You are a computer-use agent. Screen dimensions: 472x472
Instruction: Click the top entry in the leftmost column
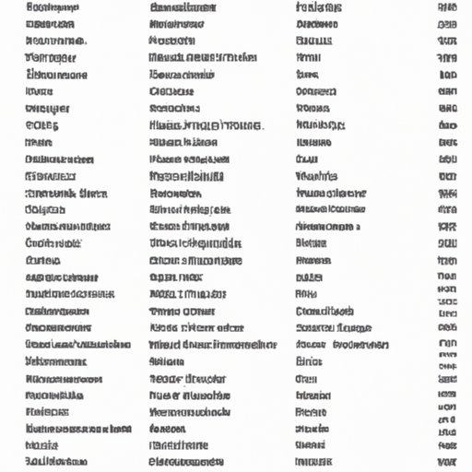pyautogui.click(x=53, y=7)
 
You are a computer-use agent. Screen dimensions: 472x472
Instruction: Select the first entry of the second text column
pyautogui.click(x=183, y=7)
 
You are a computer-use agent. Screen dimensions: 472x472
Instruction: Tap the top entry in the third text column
pyautogui.click(x=319, y=7)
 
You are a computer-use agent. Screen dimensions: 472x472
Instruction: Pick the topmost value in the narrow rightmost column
pyautogui.click(x=447, y=7)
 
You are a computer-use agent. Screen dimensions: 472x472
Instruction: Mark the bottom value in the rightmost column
pyautogui.click(x=447, y=461)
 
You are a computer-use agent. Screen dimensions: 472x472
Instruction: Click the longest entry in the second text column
pyautogui.click(x=213, y=344)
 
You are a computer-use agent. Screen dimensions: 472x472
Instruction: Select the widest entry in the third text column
pyautogui.click(x=342, y=344)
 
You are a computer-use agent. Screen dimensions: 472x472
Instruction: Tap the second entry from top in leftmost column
pyautogui.click(x=52, y=25)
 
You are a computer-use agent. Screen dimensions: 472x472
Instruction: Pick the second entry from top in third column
pyautogui.click(x=317, y=25)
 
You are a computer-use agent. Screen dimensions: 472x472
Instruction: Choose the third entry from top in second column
pyautogui.click(x=172, y=41)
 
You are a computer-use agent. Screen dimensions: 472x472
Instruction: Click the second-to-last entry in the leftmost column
pyautogui.click(x=42, y=445)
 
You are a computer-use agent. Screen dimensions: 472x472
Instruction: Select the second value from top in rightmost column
pyautogui.click(x=447, y=25)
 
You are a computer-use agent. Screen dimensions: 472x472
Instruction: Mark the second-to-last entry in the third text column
pyautogui.click(x=312, y=445)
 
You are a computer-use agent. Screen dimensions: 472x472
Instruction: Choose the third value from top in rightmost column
pyautogui.click(x=447, y=41)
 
